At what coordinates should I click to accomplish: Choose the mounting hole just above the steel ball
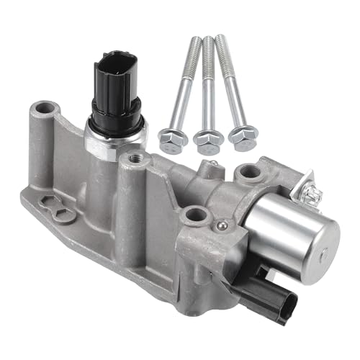(193, 215)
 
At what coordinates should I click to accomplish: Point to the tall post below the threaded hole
(133, 216)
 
